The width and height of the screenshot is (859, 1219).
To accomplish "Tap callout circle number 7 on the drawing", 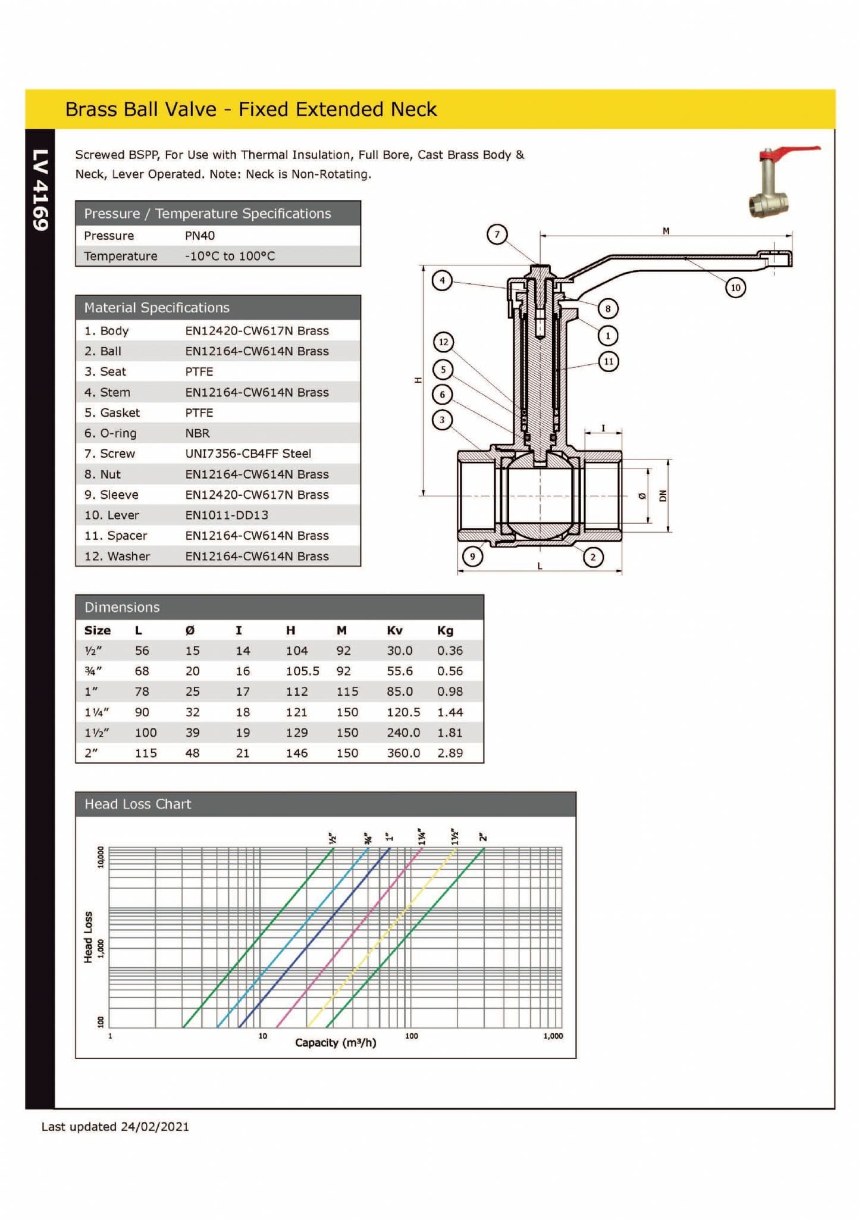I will [497, 234].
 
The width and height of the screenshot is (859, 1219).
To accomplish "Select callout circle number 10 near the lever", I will [735, 287].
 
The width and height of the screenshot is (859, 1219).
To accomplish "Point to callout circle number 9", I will [472, 557].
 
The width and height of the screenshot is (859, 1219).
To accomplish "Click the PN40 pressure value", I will [199, 236].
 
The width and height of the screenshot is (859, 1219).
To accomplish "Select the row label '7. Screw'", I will [109, 454].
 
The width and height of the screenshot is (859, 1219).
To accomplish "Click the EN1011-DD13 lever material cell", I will [227, 515].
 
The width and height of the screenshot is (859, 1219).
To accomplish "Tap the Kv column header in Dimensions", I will [394, 630].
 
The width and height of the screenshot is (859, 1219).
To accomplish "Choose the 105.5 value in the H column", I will [302, 671].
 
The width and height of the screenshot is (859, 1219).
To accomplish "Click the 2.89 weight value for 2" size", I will [450, 753].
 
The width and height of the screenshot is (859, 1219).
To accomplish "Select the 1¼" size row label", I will [96, 712].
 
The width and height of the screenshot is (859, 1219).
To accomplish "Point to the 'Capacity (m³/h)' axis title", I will [336, 1042].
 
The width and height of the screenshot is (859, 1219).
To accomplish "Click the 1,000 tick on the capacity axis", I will [553, 1036].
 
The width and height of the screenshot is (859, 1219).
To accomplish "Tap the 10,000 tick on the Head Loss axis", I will [101, 857].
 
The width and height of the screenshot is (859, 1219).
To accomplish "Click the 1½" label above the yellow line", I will [455, 836].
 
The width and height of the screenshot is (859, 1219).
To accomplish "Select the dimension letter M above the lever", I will [666, 231].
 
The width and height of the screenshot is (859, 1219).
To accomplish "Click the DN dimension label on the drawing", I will [663, 495].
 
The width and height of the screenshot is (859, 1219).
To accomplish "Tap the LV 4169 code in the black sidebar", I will [40, 190].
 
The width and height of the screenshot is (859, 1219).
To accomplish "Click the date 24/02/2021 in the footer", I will [155, 1126].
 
